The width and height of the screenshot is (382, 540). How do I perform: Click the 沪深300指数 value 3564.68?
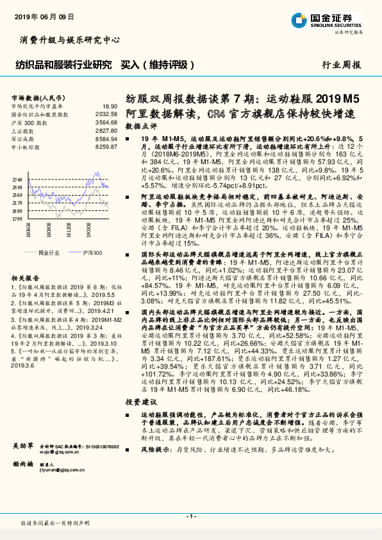pyautogui.click(x=106, y=121)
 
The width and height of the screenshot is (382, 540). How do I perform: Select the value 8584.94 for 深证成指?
pyautogui.click(x=106, y=137)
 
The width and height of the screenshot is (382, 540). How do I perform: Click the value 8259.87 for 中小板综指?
pyautogui.click(x=106, y=146)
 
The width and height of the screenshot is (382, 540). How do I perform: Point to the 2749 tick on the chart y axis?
pyautogui.click(x=17, y=180)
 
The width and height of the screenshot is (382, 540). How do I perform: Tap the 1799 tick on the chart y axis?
pyautogui.click(x=17, y=219)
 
